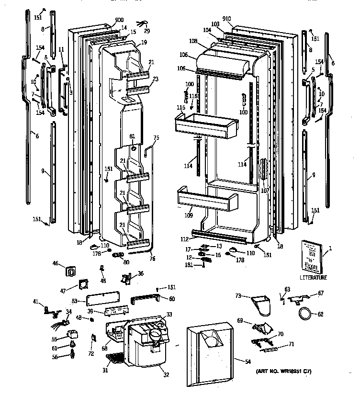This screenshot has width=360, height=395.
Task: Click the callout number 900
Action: [119, 20]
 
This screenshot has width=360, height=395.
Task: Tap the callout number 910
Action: [226, 19]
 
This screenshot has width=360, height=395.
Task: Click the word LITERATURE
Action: [313, 277]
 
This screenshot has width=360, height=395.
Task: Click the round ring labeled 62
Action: [304, 314]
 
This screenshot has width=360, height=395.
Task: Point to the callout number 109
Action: [189, 216]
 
